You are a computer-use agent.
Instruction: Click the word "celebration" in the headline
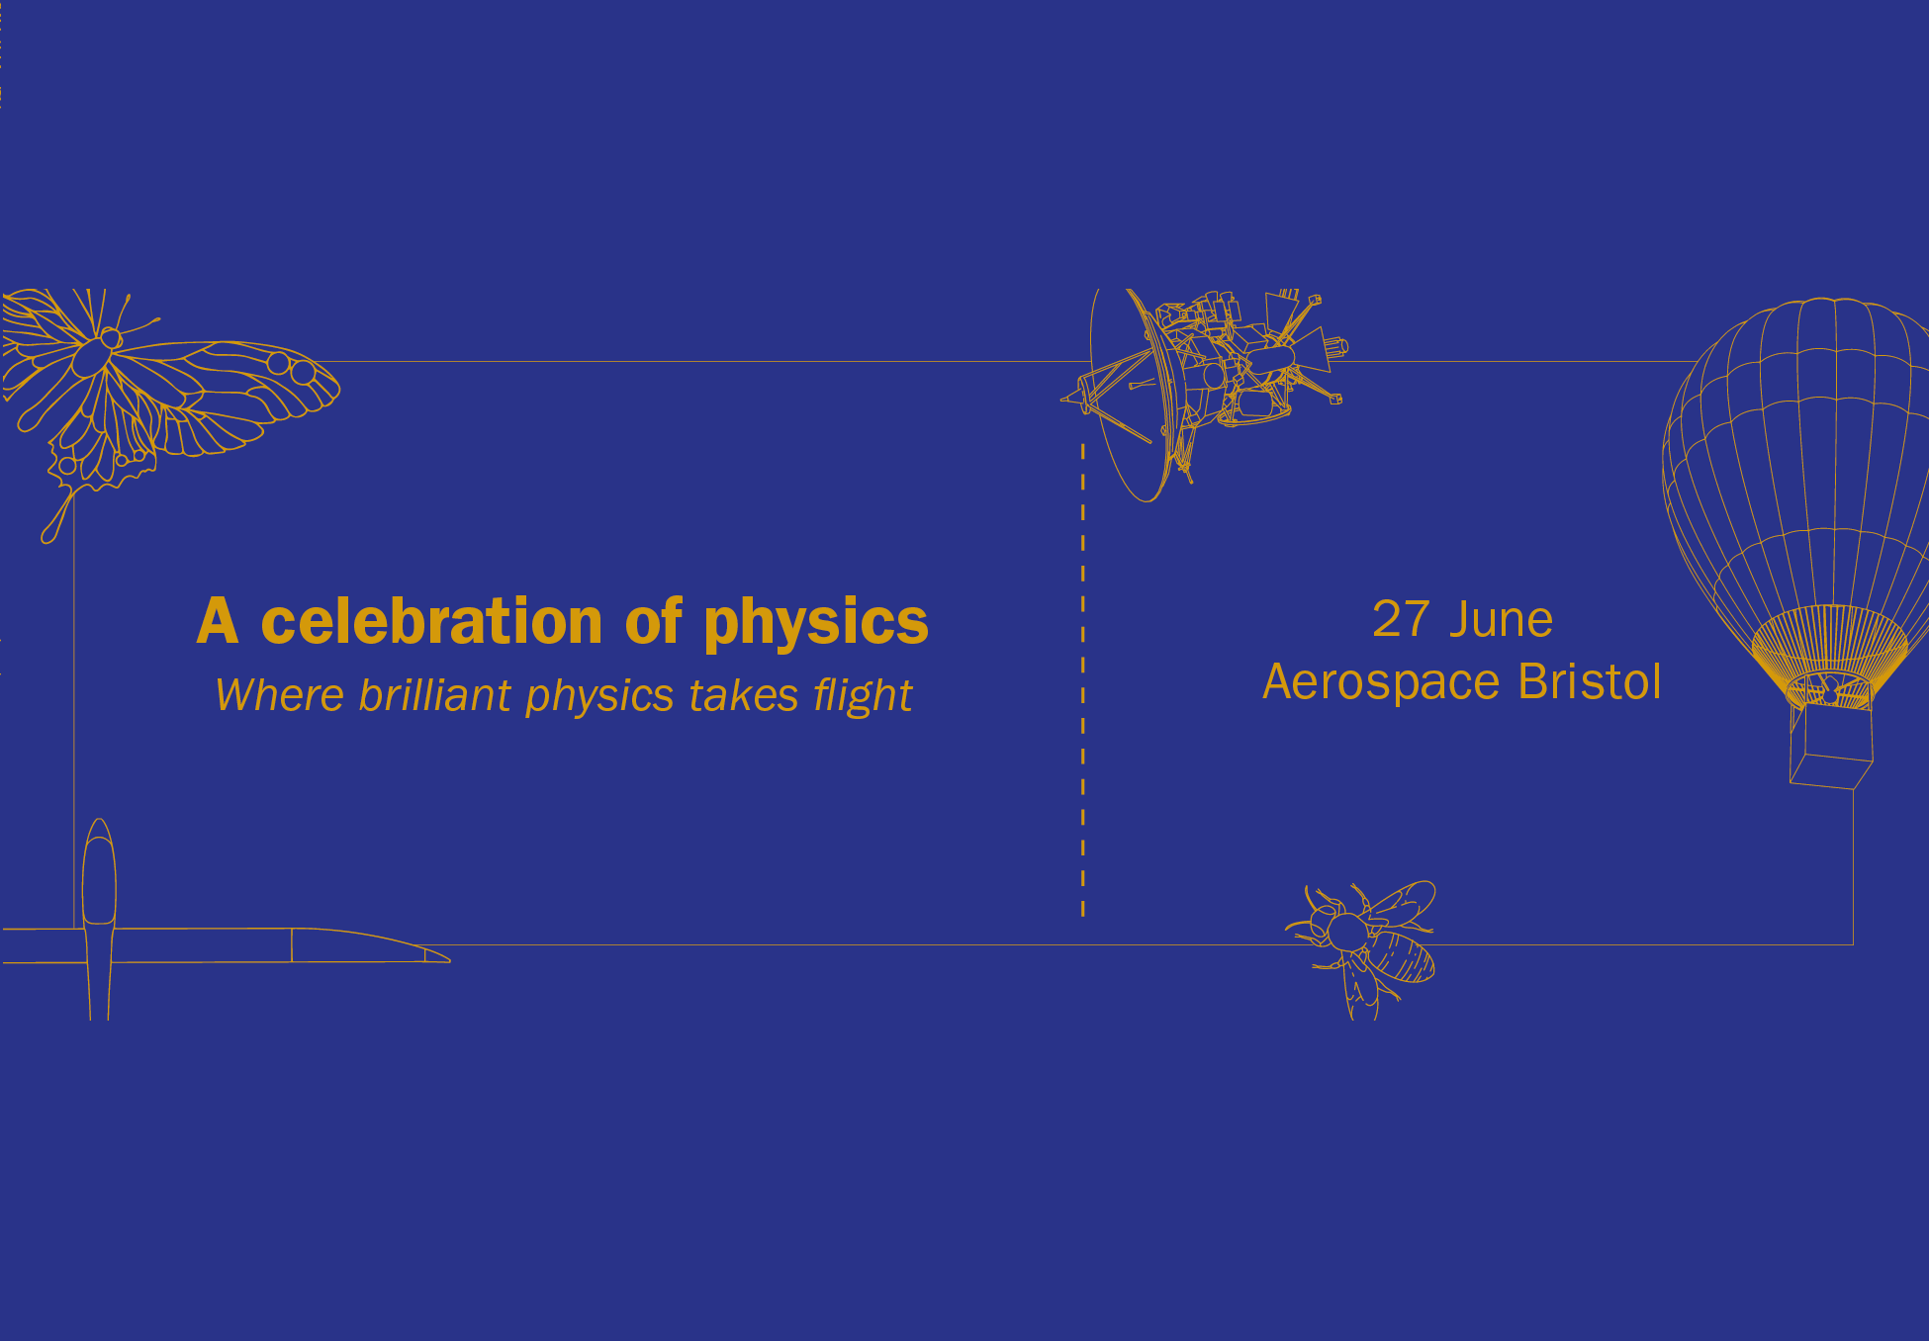tap(431, 622)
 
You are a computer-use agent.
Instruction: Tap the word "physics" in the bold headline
tap(815, 624)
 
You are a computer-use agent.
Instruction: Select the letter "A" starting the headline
tap(218, 622)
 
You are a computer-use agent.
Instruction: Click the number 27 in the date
tap(1401, 620)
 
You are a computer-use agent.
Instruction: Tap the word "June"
tap(1501, 620)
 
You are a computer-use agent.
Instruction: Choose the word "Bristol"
tap(1590, 682)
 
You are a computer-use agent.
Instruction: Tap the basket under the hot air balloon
tap(1831, 747)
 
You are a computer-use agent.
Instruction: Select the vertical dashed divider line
tap(1083, 682)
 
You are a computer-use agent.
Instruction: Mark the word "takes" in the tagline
tap(743, 695)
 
